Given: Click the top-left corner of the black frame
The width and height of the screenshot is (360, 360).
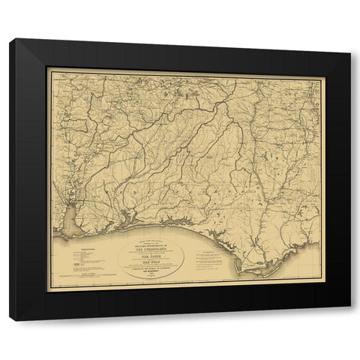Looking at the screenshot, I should [x=10, y=40].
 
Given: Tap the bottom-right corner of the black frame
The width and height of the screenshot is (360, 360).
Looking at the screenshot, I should [x=349, y=320].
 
